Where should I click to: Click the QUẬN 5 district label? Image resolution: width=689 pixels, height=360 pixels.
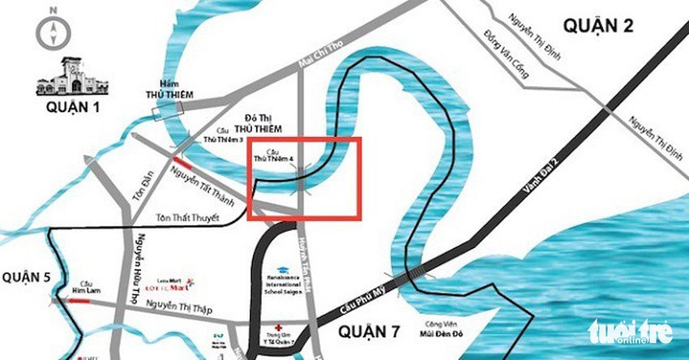[24, 276]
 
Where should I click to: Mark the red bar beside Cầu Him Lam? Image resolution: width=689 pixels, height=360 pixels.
[79, 301]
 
